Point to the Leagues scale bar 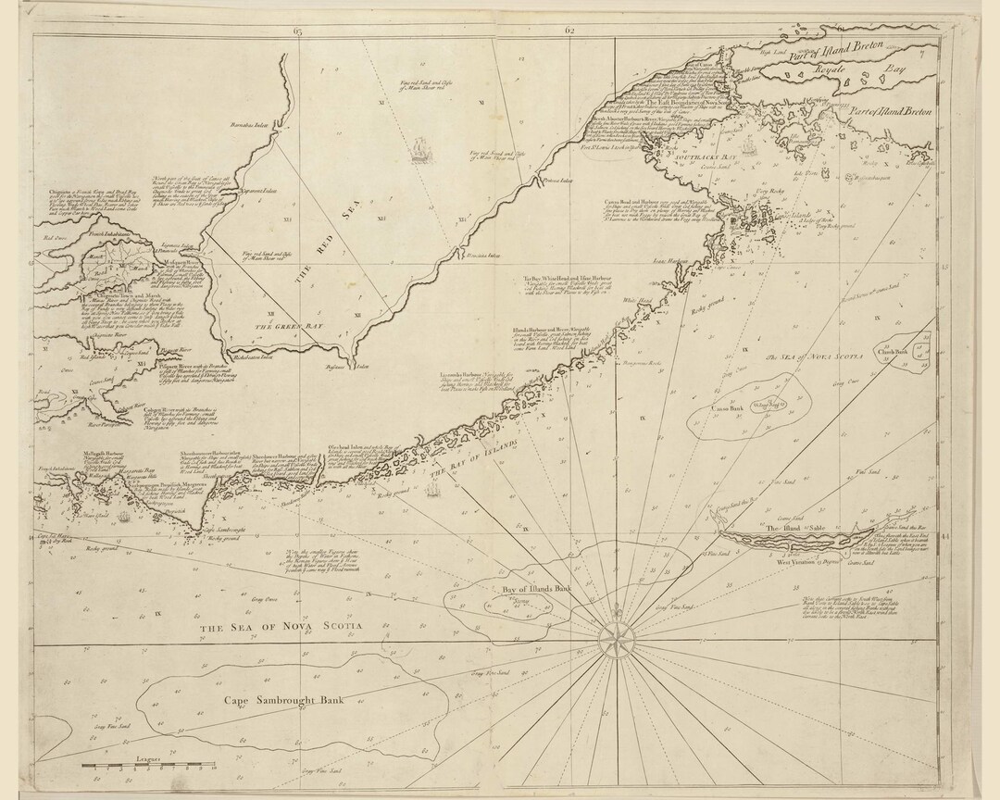click(148, 768)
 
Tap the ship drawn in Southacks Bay click(743, 144)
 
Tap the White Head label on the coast click(635, 300)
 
